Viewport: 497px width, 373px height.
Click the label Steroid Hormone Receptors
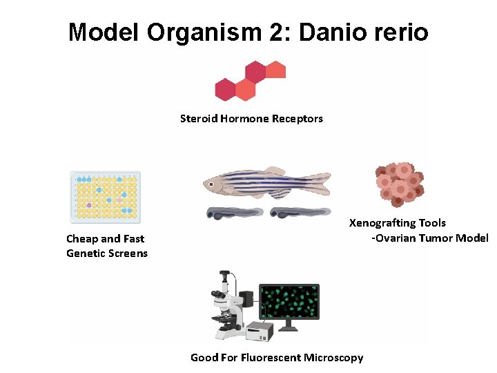click(251, 119)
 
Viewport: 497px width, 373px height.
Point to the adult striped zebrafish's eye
click(210, 184)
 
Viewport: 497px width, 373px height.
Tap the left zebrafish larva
click(235, 213)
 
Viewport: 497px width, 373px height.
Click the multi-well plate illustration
click(105, 197)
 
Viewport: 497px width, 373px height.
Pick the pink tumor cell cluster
click(399, 184)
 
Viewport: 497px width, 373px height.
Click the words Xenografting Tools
click(398, 223)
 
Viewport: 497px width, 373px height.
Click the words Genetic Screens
click(107, 254)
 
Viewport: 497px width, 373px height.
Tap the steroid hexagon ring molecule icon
click(250, 80)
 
